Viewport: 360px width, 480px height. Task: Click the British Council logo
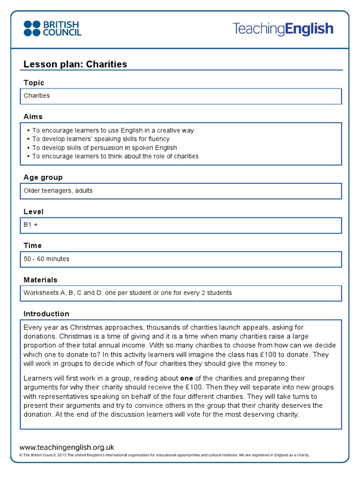(x=52, y=28)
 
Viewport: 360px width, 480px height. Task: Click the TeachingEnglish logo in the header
(x=283, y=29)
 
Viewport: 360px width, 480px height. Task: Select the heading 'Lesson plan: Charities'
(x=75, y=64)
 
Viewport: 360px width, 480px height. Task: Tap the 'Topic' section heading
(x=34, y=82)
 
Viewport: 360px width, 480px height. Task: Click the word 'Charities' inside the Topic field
(x=37, y=96)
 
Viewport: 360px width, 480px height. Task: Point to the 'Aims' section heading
(x=33, y=116)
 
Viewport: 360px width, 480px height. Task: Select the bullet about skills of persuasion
(x=105, y=148)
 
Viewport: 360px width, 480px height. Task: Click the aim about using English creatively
(x=113, y=130)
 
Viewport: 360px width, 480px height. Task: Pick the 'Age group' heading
(x=43, y=177)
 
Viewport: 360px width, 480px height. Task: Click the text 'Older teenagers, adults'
(x=58, y=190)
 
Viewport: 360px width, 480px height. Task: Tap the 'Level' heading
(x=33, y=211)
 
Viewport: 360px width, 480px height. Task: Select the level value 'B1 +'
(x=30, y=225)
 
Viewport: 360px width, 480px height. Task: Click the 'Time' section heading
(x=32, y=245)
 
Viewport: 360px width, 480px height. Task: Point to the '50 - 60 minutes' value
(x=46, y=259)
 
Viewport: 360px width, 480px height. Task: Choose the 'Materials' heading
(x=40, y=279)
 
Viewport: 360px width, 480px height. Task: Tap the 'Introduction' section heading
(x=46, y=314)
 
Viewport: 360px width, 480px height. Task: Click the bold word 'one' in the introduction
(x=187, y=378)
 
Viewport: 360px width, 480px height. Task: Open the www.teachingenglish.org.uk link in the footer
(x=67, y=447)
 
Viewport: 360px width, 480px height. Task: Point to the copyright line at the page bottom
(x=164, y=455)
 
